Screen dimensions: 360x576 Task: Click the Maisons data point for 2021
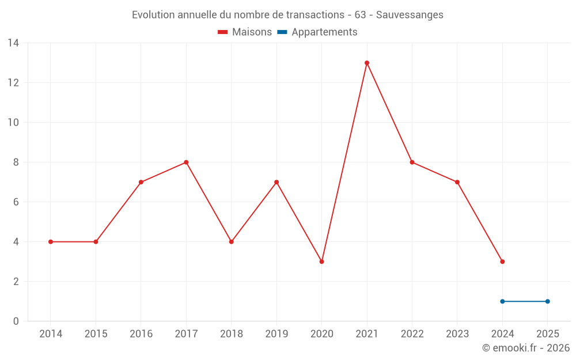coord(367,63)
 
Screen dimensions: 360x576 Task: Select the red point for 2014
coord(51,242)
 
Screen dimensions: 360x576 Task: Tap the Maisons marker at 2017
coord(186,162)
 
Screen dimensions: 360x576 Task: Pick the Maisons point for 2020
coord(321,262)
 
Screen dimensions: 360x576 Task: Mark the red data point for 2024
coord(502,262)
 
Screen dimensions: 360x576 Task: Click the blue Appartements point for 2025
coord(547,301)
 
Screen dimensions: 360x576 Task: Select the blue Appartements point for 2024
coord(502,301)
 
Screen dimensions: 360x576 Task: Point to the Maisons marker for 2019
coord(276,182)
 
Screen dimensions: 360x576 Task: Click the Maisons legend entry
coord(245,32)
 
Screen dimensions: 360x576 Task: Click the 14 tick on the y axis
coord(13,43)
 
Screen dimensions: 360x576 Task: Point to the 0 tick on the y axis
coord(16,321)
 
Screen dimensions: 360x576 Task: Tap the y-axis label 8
coord(16,162)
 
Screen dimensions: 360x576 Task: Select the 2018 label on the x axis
coord(231,334)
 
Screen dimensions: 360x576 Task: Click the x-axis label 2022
coord(412,334)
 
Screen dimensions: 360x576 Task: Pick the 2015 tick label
coord(96,334)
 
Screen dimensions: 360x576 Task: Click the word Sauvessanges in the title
coord(410,15)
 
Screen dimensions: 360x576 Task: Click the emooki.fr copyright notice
coord(526,348)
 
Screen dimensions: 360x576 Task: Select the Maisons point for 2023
coord(457,182)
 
